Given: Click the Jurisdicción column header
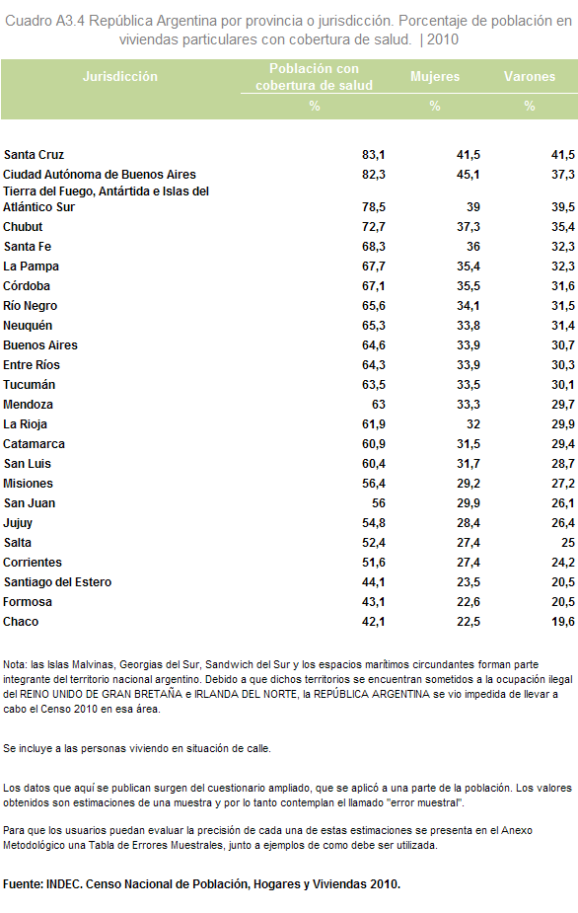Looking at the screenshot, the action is coord(120,76).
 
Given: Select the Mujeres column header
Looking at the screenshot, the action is coord(435,76).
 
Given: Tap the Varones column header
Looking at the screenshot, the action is coord(529,76).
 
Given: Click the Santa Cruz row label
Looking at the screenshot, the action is coord(34,155).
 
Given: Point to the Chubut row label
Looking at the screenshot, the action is coord(23,227).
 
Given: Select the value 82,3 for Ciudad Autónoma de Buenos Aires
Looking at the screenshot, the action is coord(374,175).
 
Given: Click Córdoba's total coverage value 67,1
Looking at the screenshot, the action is coord(374,286).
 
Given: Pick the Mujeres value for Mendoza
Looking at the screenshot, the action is coord(469,405).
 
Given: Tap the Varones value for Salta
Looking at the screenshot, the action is coord(568,543).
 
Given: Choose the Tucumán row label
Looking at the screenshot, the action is coord(30,385).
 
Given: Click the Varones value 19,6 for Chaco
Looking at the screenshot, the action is coord(563,622).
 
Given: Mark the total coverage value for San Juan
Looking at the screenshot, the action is coord(379,503).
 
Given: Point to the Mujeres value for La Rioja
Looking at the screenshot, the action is coord(473,424).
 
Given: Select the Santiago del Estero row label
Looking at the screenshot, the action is coord(57,582).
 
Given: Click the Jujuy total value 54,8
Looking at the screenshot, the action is coord(374,523).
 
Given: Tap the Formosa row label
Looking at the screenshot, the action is coord(28,602).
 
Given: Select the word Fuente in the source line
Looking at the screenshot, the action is coord(22,884).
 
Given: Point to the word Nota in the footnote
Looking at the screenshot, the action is coord(15,664).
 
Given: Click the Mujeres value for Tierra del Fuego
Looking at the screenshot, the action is coord(473,207).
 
